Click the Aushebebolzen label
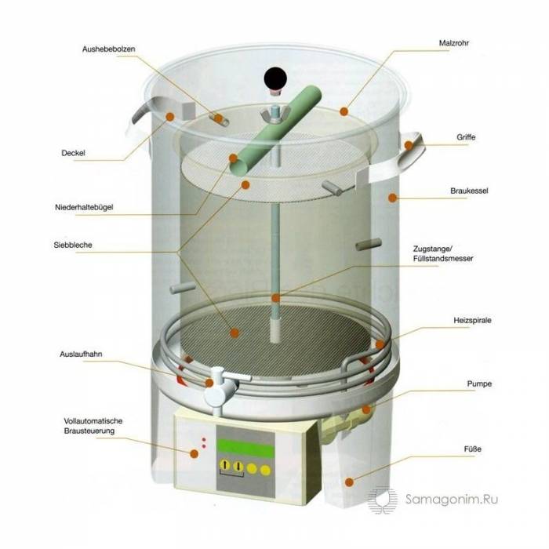click(x=108, y=49)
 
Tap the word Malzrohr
click(x=454, y=43)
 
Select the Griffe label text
click(x=466, y=137)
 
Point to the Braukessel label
click(x=469, y=191)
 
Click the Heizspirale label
click(x=472, y=320)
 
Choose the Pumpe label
click(x=479, y=384)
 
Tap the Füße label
click(x=473, y=449)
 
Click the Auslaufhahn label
click(x=81, y=354)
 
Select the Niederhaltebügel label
click(x=84, y=207)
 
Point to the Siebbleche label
click(x=73, y=245)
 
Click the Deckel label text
click(x=73, y=153)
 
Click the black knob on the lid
click(x=275, y=78)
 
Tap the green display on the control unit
click(x=245, y=448)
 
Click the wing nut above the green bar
click(x=274, y=115)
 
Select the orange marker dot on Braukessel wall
click(x=392, y=198)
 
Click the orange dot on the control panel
click(x=194, y=454)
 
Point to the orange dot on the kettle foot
click(x=349, y=482)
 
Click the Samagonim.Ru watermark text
click(x=452, y=499)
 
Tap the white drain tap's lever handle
click(x=235, y=376)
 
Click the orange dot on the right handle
click(x=409, y=145)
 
